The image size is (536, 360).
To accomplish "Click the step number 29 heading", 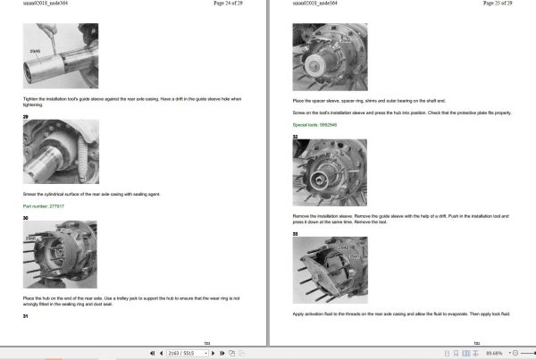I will (27, 117).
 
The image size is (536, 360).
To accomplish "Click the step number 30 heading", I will (27, 217).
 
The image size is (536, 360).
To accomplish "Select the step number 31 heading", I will (27, 316).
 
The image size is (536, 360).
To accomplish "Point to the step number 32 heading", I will (296, 136).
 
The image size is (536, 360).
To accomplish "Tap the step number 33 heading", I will (296, 233).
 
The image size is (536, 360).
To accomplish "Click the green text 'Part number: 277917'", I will (46, 206).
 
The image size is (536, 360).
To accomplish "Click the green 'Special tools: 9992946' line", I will (315, 125).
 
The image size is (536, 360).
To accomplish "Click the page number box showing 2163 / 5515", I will (182, 354).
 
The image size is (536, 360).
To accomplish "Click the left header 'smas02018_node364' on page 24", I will (46, 4).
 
